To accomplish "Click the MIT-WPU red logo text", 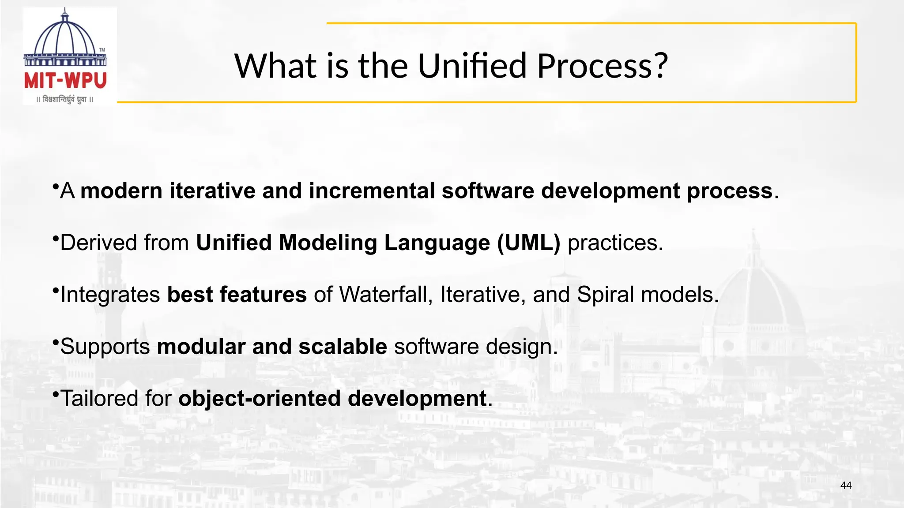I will (65, 81).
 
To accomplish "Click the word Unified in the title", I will (472, 66).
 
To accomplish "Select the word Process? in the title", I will (603, 66).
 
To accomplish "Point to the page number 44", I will (846, 486).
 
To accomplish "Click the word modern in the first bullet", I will (122, 191).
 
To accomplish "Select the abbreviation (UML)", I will (528, 243).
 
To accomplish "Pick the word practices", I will (615, 243).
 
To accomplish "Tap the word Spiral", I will (605, 295).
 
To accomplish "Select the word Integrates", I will (110, 295).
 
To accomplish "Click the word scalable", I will (343, 347).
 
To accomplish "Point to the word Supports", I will (105, 347).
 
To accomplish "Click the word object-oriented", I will (260, 399).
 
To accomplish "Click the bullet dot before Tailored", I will (55, 393).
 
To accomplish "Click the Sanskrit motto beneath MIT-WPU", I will (65, 100).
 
